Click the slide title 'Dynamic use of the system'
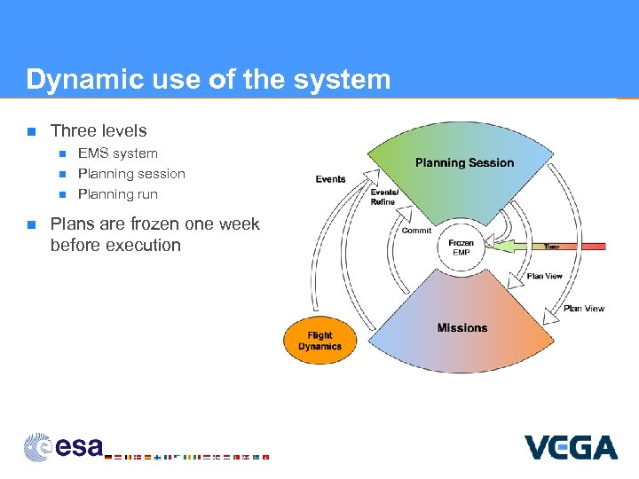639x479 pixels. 208,80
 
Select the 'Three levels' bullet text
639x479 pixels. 99,131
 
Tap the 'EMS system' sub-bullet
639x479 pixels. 118,153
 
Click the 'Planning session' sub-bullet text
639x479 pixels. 131,174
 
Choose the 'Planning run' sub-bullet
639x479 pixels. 118,194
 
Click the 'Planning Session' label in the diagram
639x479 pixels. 464,162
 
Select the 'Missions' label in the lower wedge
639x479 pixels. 461,327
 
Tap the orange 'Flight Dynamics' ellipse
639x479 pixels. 319,341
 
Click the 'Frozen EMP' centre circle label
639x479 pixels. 461,247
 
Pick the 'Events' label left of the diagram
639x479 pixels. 330,179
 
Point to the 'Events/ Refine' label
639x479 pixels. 383,197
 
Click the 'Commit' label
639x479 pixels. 416,231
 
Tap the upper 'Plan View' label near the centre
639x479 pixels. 544,276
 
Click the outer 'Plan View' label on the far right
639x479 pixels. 583,309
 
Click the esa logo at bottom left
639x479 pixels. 64,446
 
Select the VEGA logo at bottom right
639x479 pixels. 571,447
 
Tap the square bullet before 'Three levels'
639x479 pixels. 30,131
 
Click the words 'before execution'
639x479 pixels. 115,245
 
